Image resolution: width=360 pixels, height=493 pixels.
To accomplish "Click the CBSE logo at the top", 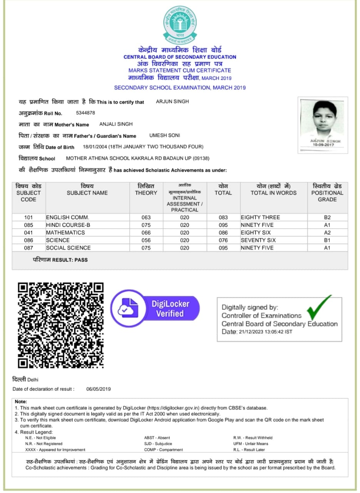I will pyautogui.click(x=180, y=24).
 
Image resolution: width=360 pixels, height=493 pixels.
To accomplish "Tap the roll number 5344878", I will pyautogui.click(x=85, y=113).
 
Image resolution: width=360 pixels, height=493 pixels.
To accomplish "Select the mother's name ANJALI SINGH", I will pyautogui.click(x=116, y=124).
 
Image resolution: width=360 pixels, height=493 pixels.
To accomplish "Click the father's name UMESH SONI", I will pyautogui.click(x=164, y=136).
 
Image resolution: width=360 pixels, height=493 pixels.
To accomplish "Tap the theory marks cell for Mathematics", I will pyautogui.click(x=146, y=233).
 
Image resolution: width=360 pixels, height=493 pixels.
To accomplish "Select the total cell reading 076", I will pyautogui.click(x=223, y=240).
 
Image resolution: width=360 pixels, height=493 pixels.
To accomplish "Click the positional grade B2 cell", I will pyautogui.click(x=327, y=217).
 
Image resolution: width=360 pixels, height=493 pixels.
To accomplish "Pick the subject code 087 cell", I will pyautogui.click(x=28, y=248).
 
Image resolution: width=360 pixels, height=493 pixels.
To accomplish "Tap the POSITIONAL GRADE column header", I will pyautogui.click(x=327, y=193).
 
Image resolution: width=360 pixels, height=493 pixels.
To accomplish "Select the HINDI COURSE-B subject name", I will pyautogui.click(x=68, y=225).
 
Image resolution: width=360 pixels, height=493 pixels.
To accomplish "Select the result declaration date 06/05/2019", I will pyautogui.click(x=99, y=389).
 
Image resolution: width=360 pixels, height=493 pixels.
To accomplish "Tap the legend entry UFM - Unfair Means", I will pyautogui.click(x=251, y=444).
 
